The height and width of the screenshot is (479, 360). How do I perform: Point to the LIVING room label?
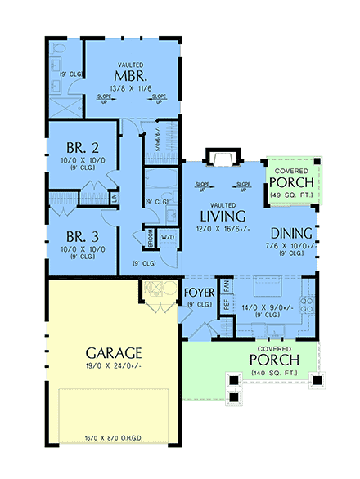tap(223, 216)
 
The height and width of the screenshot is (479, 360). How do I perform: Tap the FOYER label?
tap(199, 292)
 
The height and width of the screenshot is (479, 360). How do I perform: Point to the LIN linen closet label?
tap(115, 197)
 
